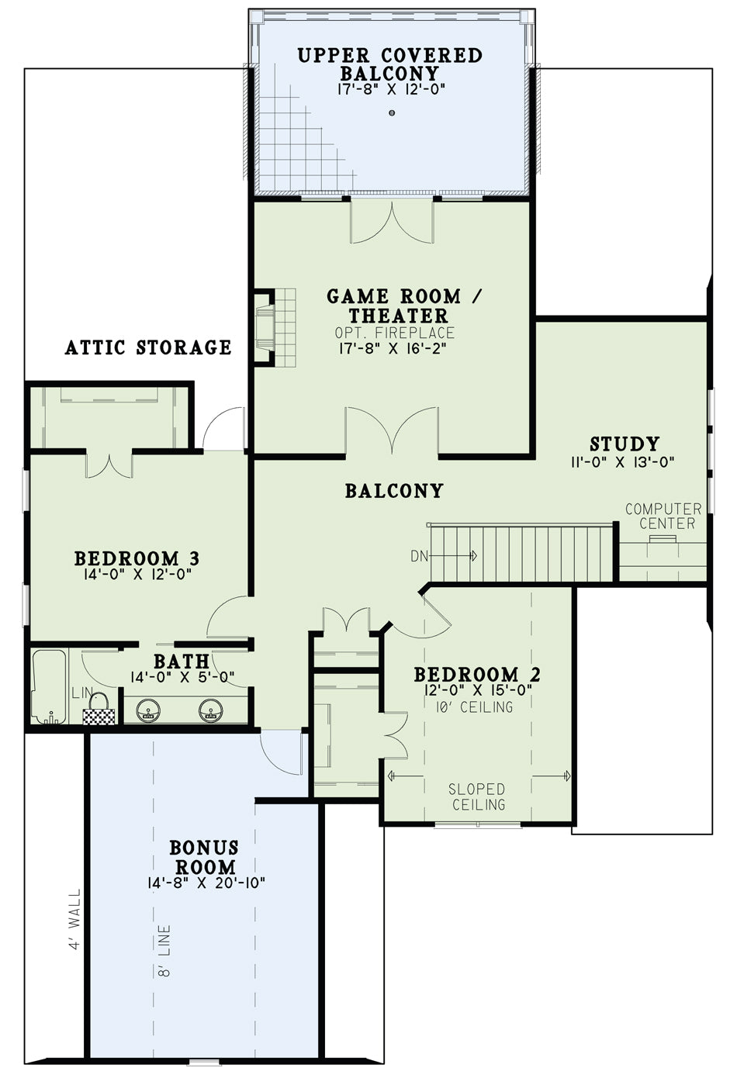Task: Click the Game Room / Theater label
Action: (394, 306)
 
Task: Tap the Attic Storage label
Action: (148, 347)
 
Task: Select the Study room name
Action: (625, 444)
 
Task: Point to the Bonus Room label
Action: (204, 857)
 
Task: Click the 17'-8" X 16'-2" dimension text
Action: (392, 348)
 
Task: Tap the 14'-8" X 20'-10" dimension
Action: (206, 883)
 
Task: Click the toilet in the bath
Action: (99, 708)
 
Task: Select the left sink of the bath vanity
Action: (149, 710)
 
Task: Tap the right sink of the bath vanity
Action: (211, 710)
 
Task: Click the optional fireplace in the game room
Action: (275, 328)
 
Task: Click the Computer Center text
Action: (663, 516)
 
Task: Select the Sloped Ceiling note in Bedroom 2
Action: (477, 796)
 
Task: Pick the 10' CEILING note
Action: (474, 707)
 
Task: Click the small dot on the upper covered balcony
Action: (392, 113)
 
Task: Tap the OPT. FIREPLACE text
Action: (394, 333)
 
